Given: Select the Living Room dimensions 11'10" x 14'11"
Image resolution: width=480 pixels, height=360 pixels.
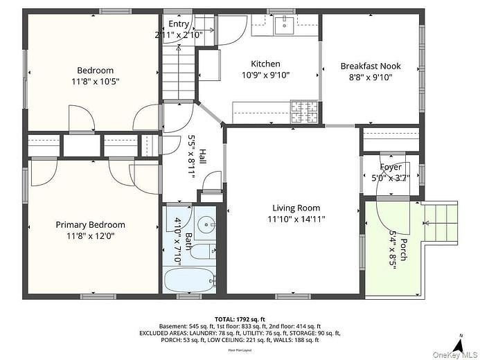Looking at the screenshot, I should click(x=296, y=219).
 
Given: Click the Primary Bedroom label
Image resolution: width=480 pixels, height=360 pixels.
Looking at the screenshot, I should click(x=91, y=224).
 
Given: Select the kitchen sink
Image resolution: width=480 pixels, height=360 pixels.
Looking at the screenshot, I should click(x=283, y=26).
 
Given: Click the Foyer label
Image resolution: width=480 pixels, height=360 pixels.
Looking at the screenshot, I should click(x=391, y=167).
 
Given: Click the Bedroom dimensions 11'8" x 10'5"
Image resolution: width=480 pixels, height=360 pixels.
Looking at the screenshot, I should click(x=95, y=81).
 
